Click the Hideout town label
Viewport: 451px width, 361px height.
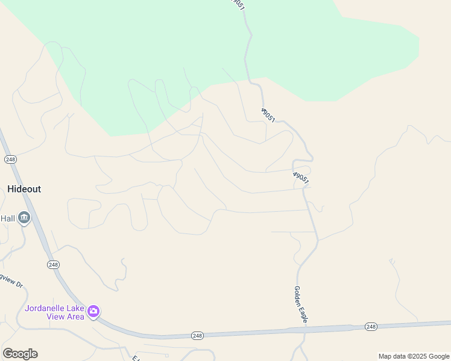[x=24, y=189]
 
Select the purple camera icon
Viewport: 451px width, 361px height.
[x=93, y=312]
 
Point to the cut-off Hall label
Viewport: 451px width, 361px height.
[x=7, y=218]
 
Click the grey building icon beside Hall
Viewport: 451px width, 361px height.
[x=24, y=218]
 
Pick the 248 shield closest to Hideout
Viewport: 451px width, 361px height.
[x=10, y=159]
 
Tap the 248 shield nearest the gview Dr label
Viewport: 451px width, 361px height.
[x=53, y=265]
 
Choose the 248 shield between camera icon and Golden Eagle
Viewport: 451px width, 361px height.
[x=197, y=335]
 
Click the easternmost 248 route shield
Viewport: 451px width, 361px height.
[x=371, y=327]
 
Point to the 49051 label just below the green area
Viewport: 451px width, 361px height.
[x=268, y=116]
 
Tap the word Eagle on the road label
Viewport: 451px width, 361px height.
[x=303, y=315]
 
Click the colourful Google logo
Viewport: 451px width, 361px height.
[x=20, y=354]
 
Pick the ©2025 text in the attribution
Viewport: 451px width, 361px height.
[x=417, y=356]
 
